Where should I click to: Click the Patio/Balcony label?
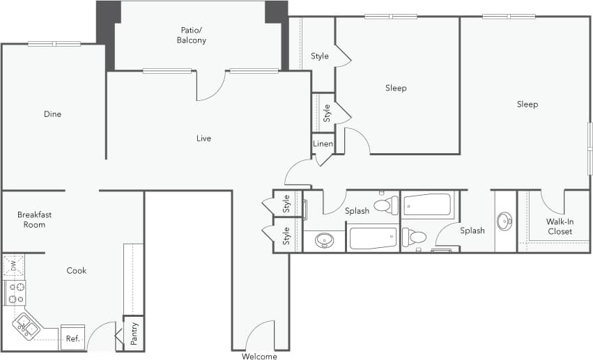[x=191, y=35]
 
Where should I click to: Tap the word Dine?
[x=52, y=114]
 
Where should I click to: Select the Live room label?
[x=203, y=139]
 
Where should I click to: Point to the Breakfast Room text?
[x=35, y=219]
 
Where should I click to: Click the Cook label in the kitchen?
[x=76, y=271]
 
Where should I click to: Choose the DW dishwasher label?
[x=13, y=265]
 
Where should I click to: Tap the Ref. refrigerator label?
[x=72, y=339]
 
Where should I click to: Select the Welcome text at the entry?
[x=259, y=357]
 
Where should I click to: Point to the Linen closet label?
[x=323, y=144]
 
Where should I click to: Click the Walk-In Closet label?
[x=559, y=226]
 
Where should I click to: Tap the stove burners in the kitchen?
[x=15, y=293]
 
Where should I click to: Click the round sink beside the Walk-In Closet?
[x=505, y=222]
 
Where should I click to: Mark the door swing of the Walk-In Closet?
[x=553, y=202]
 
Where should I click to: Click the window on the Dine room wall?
[x=54, y=44]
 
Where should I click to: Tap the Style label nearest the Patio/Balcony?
[x=319, y=56]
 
